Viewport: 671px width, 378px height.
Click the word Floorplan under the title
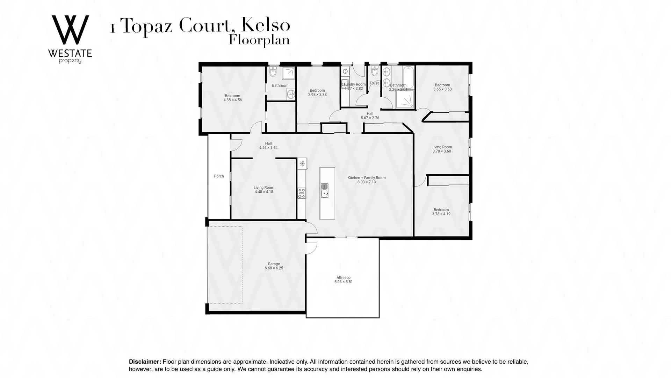coord(259,40)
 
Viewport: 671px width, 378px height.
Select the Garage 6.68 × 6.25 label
coord(274,266)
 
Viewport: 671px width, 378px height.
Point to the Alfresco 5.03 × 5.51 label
coord(343,280)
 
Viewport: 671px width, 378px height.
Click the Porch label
coord(219,176)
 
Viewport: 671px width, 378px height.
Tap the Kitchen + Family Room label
coord(366,180)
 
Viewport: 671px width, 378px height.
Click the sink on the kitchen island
coord(325,191)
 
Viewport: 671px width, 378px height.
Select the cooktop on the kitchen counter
coord(302,193)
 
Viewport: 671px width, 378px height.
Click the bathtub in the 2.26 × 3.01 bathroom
coord(408,74)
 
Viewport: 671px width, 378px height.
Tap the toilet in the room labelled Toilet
coord(374,71)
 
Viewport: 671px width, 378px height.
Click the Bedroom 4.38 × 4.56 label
coord(232,98)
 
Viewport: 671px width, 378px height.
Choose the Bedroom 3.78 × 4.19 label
coord(441,212)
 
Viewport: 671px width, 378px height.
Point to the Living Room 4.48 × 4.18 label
coord(264,190)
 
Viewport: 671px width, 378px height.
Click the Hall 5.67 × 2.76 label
coord(370,116)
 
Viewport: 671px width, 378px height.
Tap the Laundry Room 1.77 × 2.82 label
coord(354,86)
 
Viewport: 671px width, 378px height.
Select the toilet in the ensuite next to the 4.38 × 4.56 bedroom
coord(273,72)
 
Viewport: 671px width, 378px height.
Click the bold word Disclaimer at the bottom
coord(145,362)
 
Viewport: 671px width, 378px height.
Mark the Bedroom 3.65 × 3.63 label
coord(442,87)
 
